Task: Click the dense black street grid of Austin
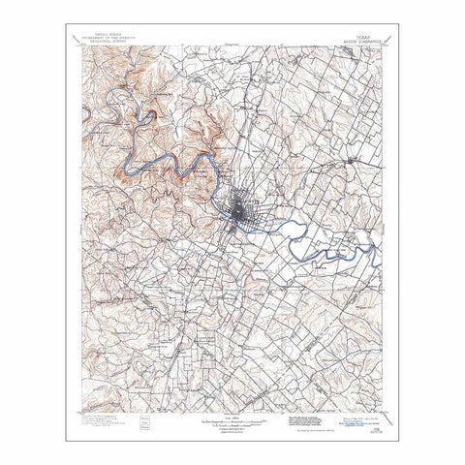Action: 239,212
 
